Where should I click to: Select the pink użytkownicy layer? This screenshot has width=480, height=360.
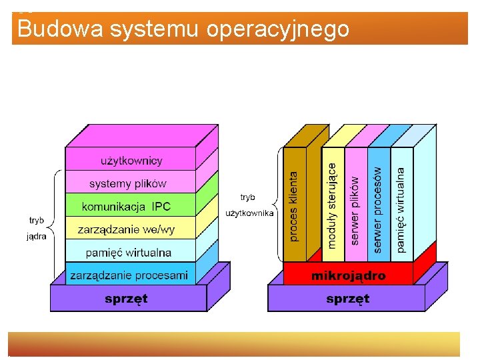pyautogui.click(x=131, y=160)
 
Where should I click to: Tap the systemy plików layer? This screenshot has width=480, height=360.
pyautogui.click(x=128, y=183)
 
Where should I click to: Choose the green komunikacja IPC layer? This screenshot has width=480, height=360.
pyautogui.click(x=127, y=206)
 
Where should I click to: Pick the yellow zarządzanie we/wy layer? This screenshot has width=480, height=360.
pyautogui.click(x=127, y=229)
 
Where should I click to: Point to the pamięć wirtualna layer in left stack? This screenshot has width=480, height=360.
pyautogui.click(x=129, y=253)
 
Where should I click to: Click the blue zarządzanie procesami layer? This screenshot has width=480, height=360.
pyautogui.click(x=129, y=275)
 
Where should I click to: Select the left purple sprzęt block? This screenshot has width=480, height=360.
pyautogui.click(x=126, y=299)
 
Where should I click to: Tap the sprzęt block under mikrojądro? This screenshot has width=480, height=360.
pyautogui.click(x=347, y=299)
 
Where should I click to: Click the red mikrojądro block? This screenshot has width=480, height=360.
pyautogui.click(x=348, y=275)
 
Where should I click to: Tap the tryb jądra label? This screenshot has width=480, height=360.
pyautogui.click(x=37, y=228)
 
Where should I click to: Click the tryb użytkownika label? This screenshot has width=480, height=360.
pyautogui.click(x=249, y=205)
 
